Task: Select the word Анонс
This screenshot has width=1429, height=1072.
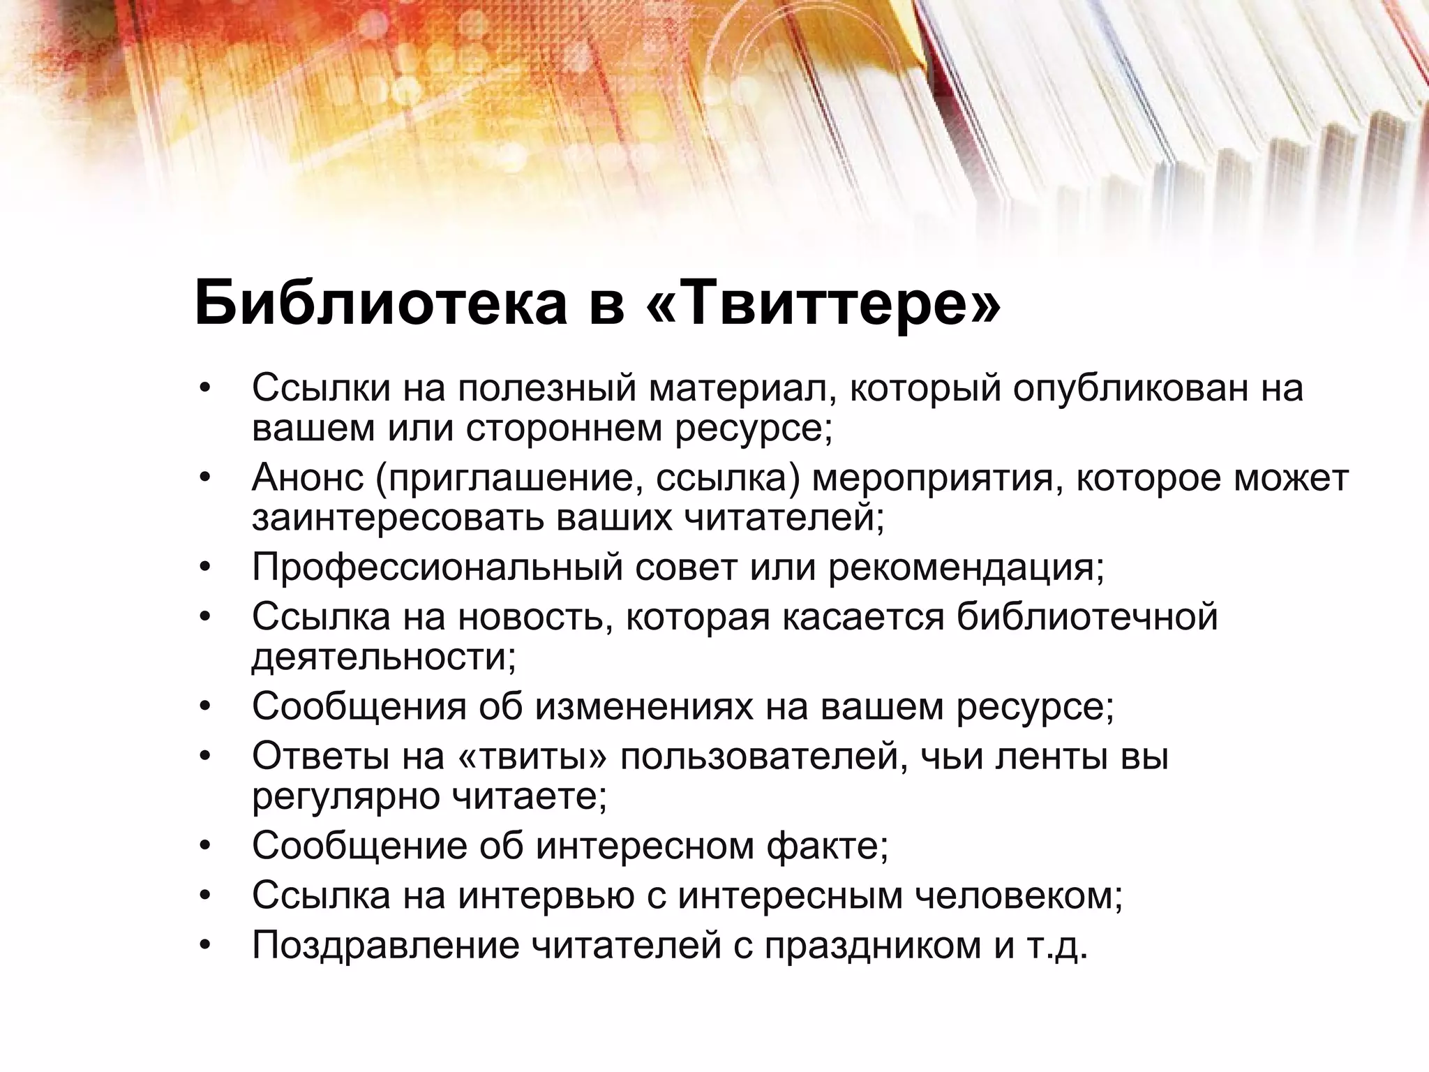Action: (308, 478)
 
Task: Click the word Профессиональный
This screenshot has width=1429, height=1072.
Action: (437, 567)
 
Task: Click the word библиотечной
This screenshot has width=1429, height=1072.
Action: (1086, 617)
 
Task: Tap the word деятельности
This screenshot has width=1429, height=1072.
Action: (383, 657)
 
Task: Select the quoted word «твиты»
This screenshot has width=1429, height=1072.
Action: (534, 757)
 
